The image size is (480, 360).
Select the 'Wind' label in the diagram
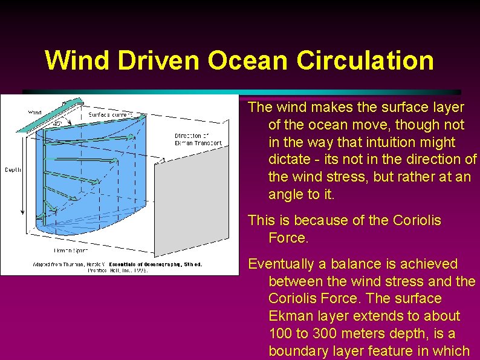pos(35,112)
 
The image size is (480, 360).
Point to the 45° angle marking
pos(58,123)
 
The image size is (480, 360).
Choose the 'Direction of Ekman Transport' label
pos(198,139)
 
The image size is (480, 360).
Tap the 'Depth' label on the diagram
pos(13,169)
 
